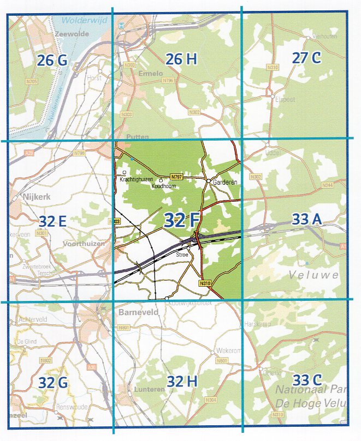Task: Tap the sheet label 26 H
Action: click(x=181, y=59)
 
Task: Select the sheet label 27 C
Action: click(x=306, y=58)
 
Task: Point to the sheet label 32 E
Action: click(x=52, y=221)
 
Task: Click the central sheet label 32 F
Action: click(x=181, y=220)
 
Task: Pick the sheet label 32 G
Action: click(x=54, y=382)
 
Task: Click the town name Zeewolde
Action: click(x=68, y=34)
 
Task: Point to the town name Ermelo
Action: click(x=151, y=74)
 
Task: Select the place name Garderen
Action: click(x=226, y=183)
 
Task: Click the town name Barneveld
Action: click(x=135, y=313)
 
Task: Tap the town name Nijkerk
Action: click(x=37, y=195)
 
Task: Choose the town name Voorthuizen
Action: click(x=84, y=244)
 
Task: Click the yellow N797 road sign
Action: click(x=176, y=177)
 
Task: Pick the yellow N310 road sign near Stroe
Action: click(x=205, y=283)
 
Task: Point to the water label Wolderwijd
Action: click(x=81, y=20)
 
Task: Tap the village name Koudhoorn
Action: click(x=164, y=186)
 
